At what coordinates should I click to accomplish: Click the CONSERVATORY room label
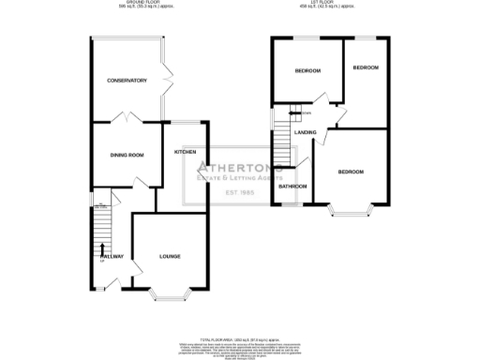127,81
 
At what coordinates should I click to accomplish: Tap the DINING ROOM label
127,155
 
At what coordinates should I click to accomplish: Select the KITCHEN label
185,151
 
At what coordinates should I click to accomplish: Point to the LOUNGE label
169,256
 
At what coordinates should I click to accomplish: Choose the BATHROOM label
292,187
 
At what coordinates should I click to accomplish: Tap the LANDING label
305,132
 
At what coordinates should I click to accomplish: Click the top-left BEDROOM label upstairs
307,71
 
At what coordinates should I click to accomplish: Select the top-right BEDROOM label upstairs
365,67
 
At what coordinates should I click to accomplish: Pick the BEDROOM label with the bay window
351,172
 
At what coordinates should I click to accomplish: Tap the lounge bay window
169,295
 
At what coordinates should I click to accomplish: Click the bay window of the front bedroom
350,212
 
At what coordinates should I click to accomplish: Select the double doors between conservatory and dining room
126,119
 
